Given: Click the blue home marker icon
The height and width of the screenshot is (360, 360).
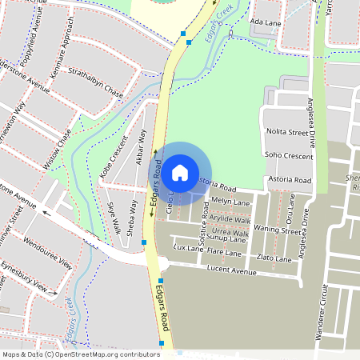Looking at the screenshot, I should [180, 171].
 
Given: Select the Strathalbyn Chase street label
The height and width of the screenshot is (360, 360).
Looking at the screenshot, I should [95, 85].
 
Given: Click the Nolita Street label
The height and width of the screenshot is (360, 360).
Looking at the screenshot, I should [287, 130].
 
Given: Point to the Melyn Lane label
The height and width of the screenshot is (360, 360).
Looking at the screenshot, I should [232, 202].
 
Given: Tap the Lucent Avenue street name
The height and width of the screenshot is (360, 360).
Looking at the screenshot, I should [231, 272].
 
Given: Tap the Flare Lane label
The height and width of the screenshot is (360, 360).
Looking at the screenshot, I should [224, 253].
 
